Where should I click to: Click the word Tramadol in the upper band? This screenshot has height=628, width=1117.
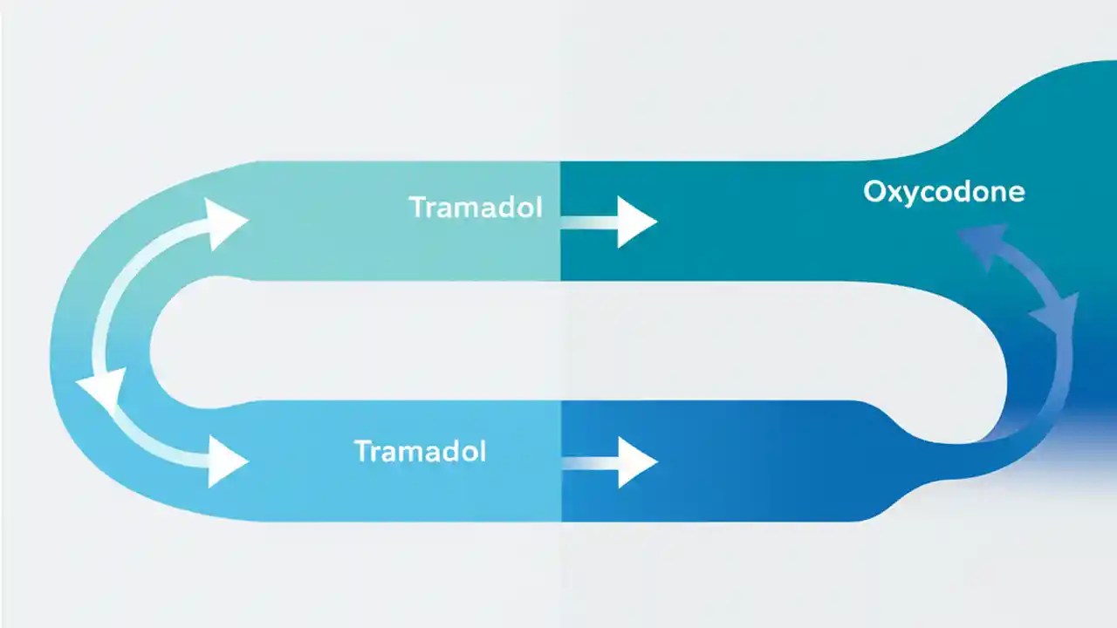click(x=475, y=208)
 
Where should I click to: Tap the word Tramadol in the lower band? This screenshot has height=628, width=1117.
click(x=420, y=451)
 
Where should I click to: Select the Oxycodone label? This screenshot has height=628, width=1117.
click(x=943, y=191)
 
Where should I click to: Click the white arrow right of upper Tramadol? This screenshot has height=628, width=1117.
click(x=634, y=222)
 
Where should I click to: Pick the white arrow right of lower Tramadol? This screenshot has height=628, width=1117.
click(x=634, y=462)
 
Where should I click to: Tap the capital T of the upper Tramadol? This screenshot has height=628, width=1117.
click(x=417, y=208)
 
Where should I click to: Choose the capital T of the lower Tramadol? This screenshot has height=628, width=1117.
click(x=361, y=451)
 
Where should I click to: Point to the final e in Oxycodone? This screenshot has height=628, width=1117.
click(x=1016, y=193)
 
